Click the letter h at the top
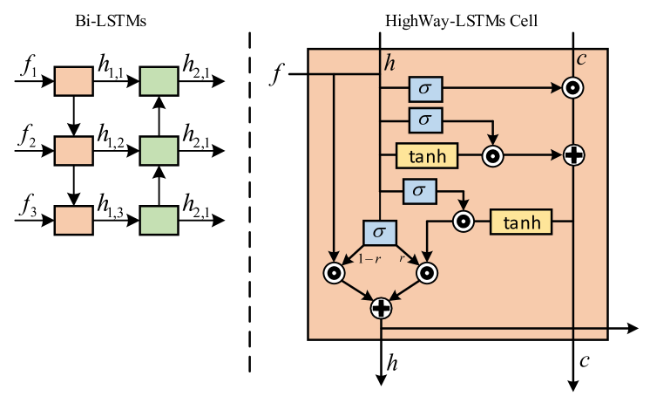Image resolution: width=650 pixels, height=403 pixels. click(x=390, y=63)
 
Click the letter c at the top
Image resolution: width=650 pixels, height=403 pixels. click(x=581, y=60)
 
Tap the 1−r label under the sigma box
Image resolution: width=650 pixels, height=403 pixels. click(x=369, y=259)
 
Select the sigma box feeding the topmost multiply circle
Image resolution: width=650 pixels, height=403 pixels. click(x=425, y=88)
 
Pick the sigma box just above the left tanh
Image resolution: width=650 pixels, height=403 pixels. click(x=425, y=120)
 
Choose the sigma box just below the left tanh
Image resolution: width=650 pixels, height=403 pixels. click(x=419, y=190)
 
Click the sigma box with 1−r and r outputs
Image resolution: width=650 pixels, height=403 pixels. click(x=379, y=233)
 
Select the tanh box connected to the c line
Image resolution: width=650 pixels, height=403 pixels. click(x=521, y=222)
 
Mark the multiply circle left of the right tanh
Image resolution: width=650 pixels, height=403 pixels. click(x=463, y=222)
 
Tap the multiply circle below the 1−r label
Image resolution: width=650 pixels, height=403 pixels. click(x=334, y=273)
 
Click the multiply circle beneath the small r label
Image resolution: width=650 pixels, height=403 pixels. click(x=426, y=273)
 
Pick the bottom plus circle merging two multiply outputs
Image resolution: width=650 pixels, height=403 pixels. click(x=381, y=308)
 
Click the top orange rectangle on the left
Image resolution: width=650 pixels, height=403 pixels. click(x=74, y=81)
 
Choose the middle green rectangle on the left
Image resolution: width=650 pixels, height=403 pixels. click(x=159, y=151)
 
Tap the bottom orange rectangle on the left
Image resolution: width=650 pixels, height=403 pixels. click(x=74, y=220)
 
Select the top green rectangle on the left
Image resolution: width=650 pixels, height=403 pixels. click(x=159, y=81)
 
